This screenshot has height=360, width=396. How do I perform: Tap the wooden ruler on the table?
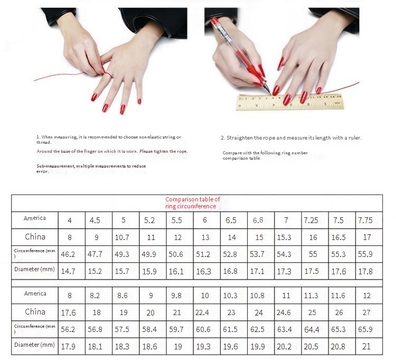(290, 102)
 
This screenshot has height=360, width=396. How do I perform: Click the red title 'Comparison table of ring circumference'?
(193, 203)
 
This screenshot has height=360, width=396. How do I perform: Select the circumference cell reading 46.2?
(68, 254)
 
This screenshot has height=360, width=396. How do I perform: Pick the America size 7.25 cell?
(311, 220)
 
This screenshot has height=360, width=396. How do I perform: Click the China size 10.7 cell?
(122, 237)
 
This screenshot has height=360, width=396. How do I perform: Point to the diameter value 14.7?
(68, 271)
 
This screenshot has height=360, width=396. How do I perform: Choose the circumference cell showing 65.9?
(365, 329)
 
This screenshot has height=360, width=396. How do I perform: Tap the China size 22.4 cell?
(202, 312)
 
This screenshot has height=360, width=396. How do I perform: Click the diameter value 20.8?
(338, 346)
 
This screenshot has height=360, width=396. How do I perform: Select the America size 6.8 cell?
(258, 220)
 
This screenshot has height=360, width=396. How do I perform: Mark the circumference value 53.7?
(257, 254)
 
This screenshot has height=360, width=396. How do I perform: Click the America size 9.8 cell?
(176, 296)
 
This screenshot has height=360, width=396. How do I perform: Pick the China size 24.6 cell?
(284, 312)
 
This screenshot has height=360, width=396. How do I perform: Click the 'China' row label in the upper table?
(35, 237)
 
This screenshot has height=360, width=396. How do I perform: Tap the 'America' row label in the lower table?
(35, 293)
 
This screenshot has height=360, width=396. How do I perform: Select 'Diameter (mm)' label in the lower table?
(35, 345)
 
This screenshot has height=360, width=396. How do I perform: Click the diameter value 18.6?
(149, 346)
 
